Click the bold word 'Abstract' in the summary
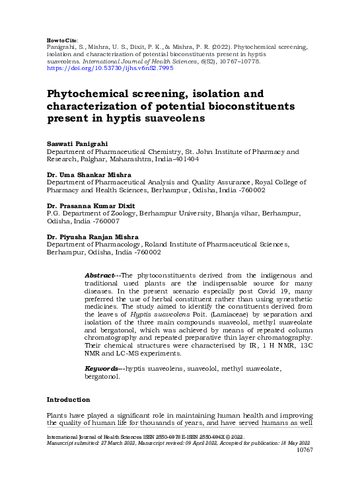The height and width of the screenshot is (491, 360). click(x=100, y=275)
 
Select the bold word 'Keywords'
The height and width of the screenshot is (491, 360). click(x=102, y=367)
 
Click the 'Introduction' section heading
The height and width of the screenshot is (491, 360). click(x=68, y=400)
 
